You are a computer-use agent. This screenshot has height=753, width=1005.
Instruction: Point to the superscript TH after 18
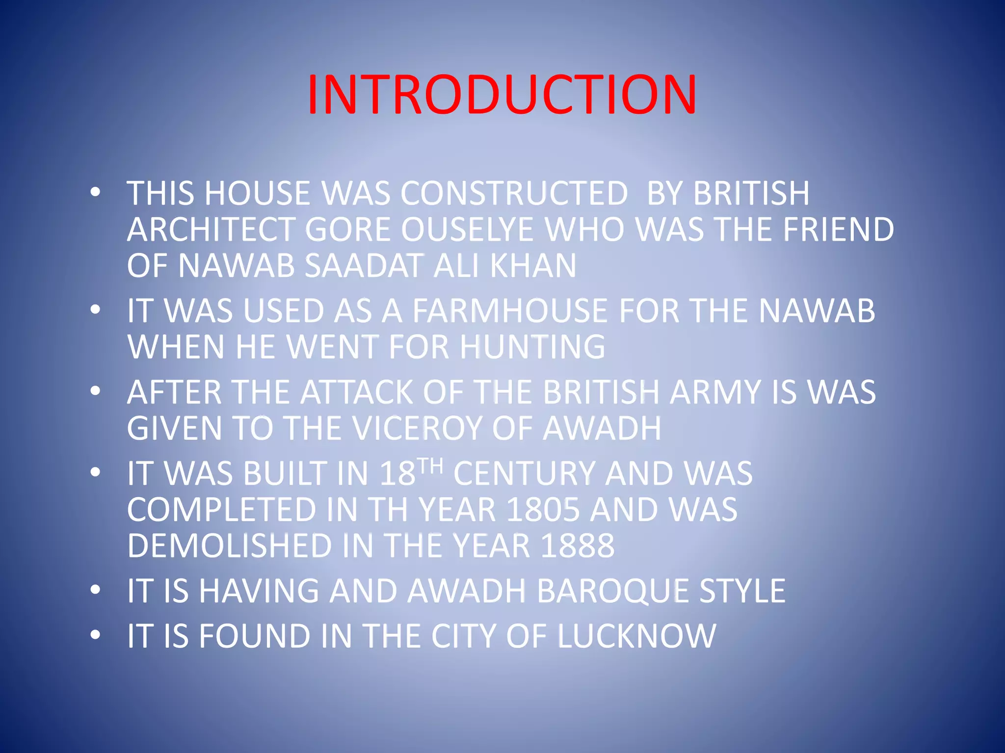[x=431, y=465]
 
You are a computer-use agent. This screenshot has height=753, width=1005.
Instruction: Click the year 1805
[x=542, y=510]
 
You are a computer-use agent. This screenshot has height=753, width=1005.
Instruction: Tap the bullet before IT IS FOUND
[x=95, y=635]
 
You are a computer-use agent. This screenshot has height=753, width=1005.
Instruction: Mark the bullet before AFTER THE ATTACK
[x=95, y=391]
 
